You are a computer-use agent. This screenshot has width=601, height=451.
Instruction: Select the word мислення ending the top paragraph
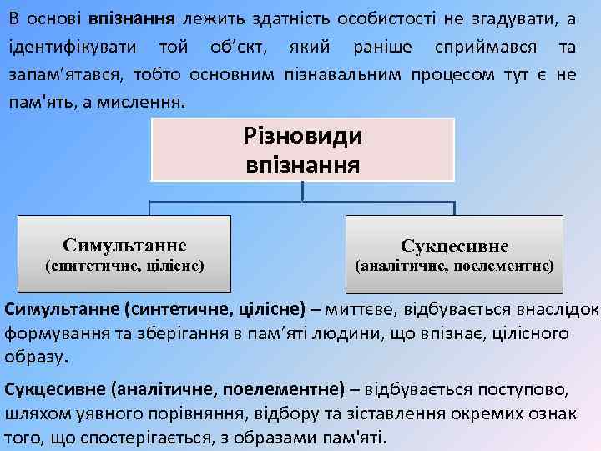tap(155, 104)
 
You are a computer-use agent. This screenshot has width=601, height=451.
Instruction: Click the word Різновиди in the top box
tap(302, 135)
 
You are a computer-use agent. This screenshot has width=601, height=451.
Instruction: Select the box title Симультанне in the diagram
tap(124, 245)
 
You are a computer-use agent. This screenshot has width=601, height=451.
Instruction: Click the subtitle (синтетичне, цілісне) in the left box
tap(124, 266)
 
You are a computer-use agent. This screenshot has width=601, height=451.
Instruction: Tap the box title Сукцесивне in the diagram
tap(455, 246)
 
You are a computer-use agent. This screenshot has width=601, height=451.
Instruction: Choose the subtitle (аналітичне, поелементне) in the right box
tap(454, 267)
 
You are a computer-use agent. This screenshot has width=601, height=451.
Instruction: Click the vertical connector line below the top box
tap(302, 191)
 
